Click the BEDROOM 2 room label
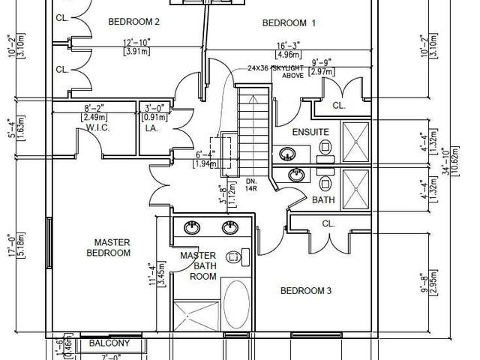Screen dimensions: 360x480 point(133,21)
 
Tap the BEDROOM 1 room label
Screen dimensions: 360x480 point(289,23)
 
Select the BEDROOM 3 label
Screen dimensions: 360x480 point(306,290)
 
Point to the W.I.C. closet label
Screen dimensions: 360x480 point(98,127)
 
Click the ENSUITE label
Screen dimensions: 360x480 point(310,132)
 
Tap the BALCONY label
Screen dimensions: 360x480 point(109,343)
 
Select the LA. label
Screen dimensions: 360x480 point(150,127)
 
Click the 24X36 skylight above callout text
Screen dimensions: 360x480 point(277,71)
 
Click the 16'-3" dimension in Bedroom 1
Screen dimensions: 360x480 point(289,46)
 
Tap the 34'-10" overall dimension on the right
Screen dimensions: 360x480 point(447,171)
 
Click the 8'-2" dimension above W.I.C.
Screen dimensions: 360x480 point(94,109)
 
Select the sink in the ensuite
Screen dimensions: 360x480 point(287,155)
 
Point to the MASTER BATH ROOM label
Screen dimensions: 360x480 point(199,265)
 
